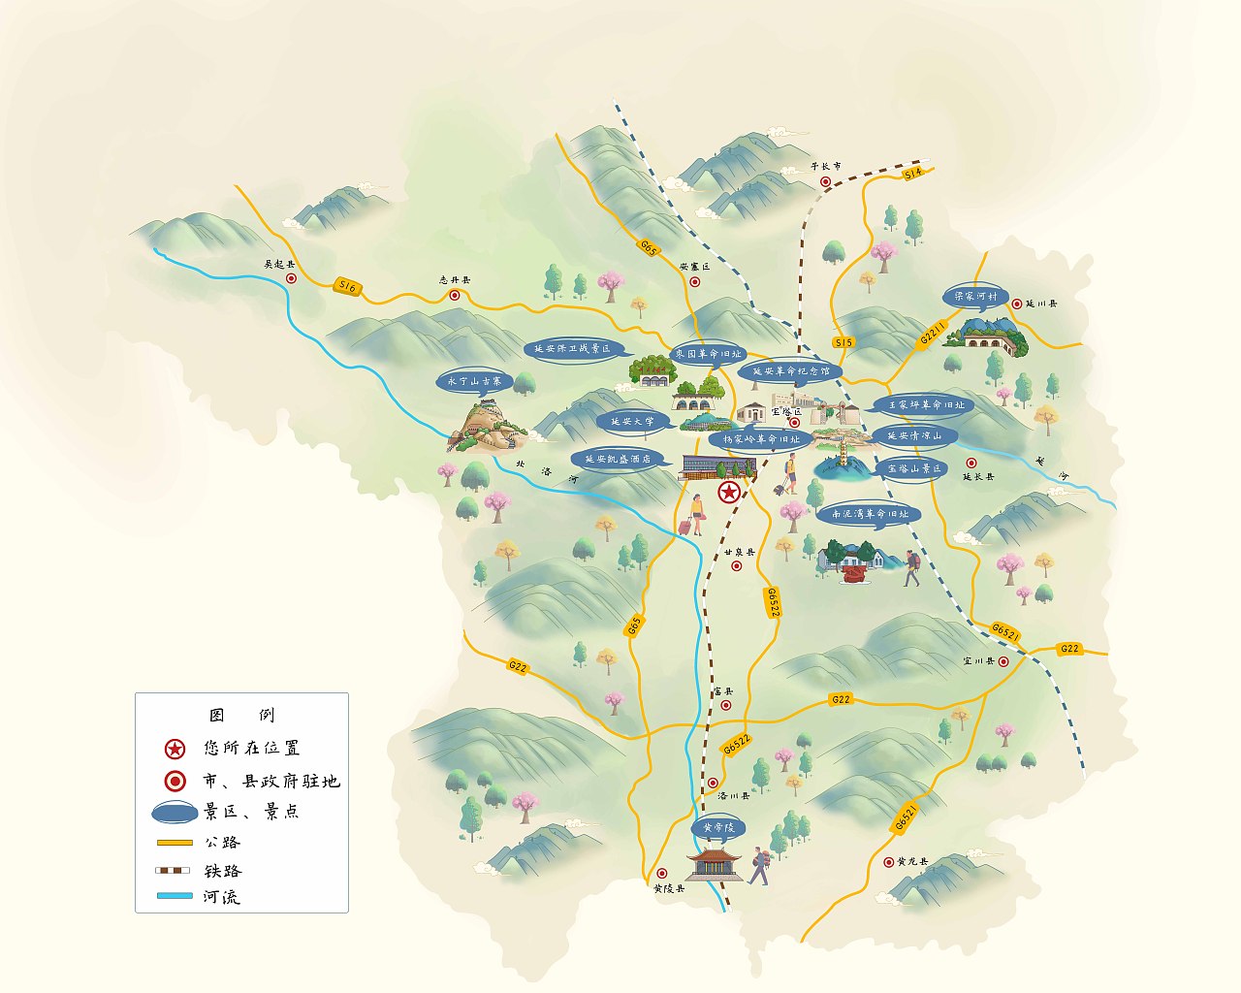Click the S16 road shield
[347, 287]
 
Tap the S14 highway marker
[913, 174]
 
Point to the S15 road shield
[843, 342]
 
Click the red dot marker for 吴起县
[291, 278]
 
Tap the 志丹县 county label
[454, 280]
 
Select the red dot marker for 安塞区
[694, 281]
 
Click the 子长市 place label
[826, 166]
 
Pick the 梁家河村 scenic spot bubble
[975, 297]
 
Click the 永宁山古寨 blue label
[474, 382]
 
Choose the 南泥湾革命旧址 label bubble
[870, 514]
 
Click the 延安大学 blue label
[631, 423]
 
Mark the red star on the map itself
[728, 494]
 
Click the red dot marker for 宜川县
[1003, 661]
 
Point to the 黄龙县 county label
[912, 861]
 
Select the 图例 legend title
[242, 716]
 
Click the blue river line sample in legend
[175, 896]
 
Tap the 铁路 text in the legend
[223, 871]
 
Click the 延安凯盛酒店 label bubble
[618, 459]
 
